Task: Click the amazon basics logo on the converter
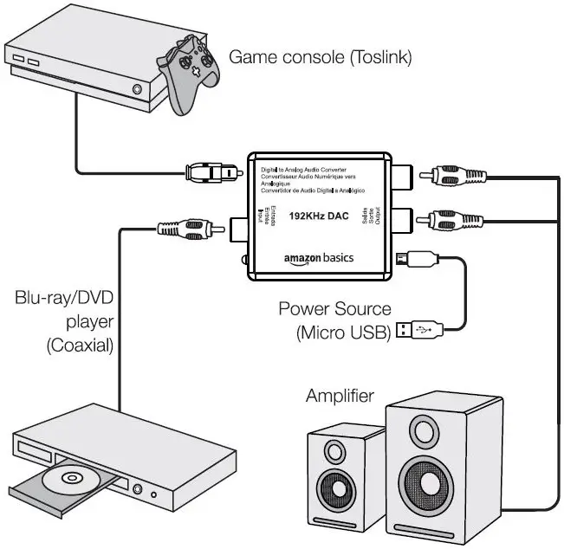pyautogui.click(x=319, y=258)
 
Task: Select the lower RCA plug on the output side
pyautogui.click(x=445, y=220)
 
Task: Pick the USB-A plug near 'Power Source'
pyautogui.click(x=421, y=328)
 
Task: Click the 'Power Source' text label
pyautogui.click(x=334, y=308)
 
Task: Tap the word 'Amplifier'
pyautogui.click(x=340, y=397)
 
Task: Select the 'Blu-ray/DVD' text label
pyautogui.click(x=65, y=299)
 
